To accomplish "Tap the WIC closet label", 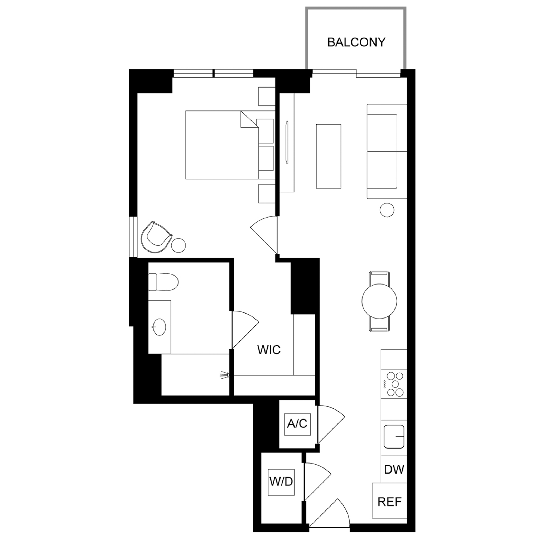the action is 269,350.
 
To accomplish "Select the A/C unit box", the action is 297,424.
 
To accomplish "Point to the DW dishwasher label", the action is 394,469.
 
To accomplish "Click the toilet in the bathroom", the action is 163,282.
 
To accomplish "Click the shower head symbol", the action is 225,375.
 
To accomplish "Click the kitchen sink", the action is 394,437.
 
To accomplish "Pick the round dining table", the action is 379,301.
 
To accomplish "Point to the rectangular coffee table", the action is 329,156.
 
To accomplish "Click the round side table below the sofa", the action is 387,209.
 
